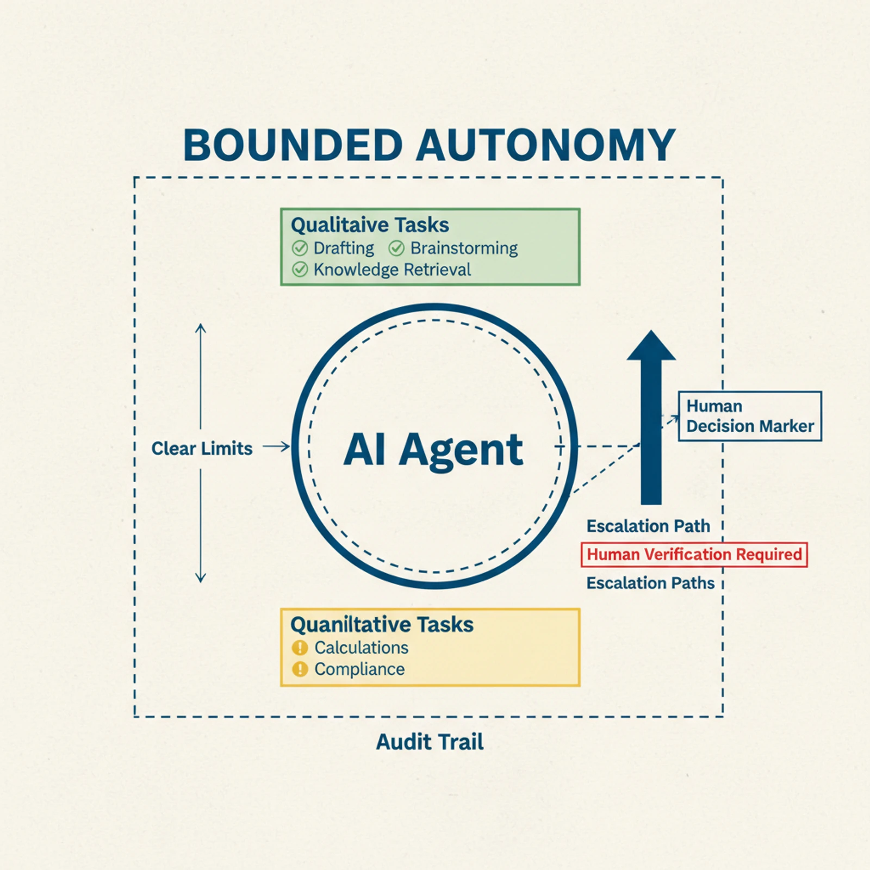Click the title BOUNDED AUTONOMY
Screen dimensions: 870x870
point(429,146)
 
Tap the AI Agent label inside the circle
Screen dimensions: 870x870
point(433,450)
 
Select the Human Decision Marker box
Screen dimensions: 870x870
point(749,416)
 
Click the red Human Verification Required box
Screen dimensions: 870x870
point(694,555)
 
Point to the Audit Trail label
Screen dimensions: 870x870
point(430,742)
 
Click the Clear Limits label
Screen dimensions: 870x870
point(202,449)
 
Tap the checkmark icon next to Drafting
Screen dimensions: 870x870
point(300,248)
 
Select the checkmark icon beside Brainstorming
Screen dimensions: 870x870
point(396,248)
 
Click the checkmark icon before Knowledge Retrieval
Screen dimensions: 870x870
point(300,270)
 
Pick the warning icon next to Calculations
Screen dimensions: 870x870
point(300,648)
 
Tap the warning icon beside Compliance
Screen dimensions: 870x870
point(300,669)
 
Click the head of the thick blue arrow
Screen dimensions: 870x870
point(651,347)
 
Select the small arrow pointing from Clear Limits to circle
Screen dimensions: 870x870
point(276,447)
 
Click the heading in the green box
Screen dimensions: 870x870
point(370,225)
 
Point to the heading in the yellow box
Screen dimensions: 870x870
point(382,625)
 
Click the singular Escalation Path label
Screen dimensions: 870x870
point(648,526)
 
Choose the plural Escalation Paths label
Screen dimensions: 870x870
point(650,583)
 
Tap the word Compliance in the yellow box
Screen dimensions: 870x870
point(359,669)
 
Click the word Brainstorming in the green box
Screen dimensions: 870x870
point(464,248)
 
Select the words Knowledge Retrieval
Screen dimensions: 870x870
point(392,270)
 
